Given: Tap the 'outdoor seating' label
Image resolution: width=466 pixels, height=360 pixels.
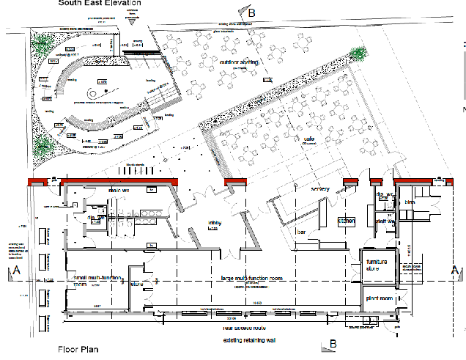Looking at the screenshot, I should tap(238, 62).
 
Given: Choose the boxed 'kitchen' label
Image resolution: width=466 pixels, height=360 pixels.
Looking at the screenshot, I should tap(346, 220).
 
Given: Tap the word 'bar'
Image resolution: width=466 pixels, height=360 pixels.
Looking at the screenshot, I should tap(300, 232).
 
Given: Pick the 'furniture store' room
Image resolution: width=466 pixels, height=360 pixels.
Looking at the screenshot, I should tap(377, 265).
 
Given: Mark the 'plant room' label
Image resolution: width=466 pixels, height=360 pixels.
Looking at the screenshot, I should tap(377, 299).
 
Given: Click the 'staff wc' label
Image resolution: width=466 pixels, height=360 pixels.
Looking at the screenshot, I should tap(385, 220).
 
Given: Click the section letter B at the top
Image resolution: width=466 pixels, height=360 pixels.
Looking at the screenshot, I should tap(251, 13).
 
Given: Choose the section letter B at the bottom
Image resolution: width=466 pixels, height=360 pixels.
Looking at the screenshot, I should tap(333, 343).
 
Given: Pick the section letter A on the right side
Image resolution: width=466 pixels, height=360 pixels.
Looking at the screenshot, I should tap(454, 271).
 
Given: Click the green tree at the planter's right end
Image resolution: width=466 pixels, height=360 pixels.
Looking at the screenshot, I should tap(358, 53).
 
